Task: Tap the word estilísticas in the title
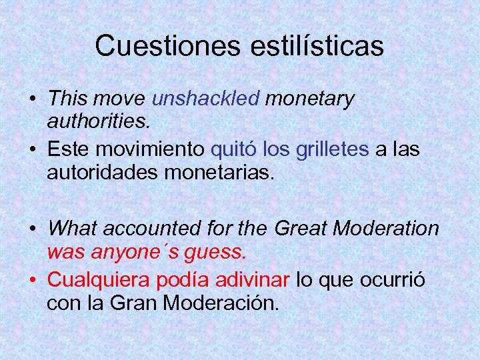click(318, 46)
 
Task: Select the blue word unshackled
click(205, 99)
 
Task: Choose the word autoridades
click(101, 172)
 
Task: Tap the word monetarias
click(217, 172)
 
